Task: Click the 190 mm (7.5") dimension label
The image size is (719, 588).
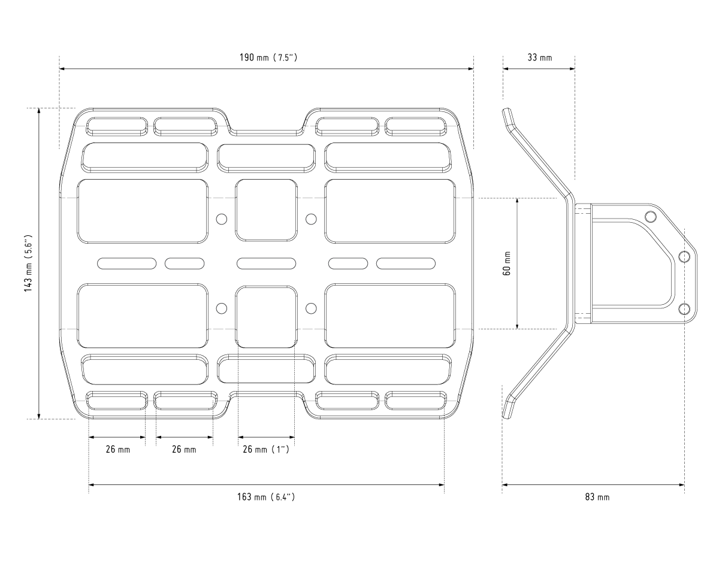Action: point(268,57)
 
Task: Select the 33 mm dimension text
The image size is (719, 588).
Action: point(540,57)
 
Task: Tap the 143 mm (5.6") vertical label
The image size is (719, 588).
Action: point(28,263)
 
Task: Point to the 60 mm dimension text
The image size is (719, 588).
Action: point(507,263)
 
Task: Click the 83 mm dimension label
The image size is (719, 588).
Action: point(597,497)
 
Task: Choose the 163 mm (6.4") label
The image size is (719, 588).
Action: point(266,497)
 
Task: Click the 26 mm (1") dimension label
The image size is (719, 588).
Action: point(266,449)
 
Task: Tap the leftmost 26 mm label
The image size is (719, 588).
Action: point(117,449)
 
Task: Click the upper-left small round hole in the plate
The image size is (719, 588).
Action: point(222,219)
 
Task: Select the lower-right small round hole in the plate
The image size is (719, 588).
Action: point(311,308)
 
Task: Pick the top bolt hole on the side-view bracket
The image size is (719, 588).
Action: point(651,216)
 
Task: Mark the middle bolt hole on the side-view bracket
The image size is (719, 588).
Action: point(685,256)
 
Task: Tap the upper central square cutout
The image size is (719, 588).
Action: point(266,210)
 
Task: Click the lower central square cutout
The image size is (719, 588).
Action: point(266,317)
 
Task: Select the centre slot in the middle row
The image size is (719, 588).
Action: point(266,263)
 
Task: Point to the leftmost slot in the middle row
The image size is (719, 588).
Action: point(127,263)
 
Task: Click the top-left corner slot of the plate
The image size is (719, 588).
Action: point(117,126)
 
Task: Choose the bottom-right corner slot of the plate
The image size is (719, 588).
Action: point(416,401)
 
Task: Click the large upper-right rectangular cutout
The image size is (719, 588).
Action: point(389,211)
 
